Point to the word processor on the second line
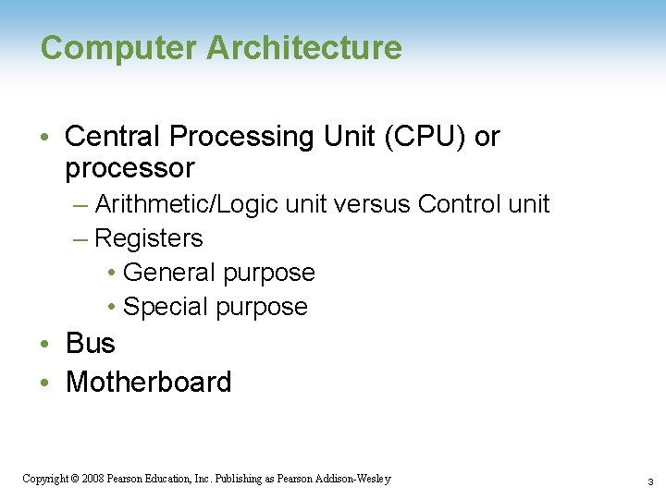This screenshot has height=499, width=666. (x=129, y=169)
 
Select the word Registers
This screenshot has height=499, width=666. (x=149, y=238)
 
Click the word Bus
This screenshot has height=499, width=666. (x=90, y=344)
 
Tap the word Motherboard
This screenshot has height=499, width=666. (x=148, y=382)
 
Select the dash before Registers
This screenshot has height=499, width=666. (x=80, y=239)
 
